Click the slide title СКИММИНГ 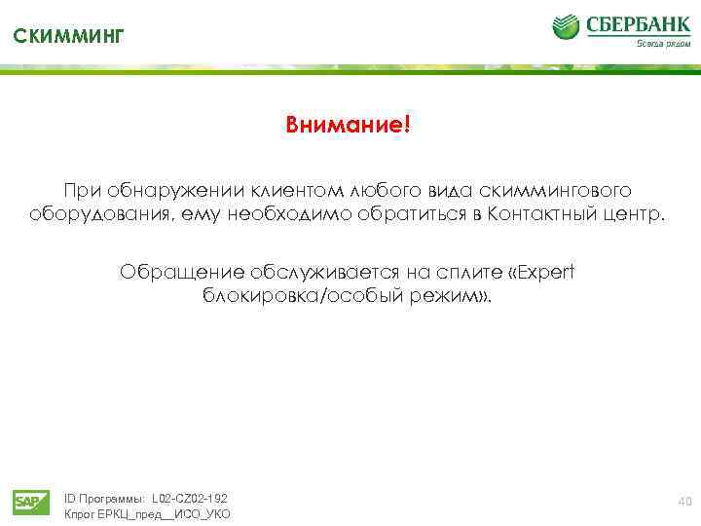(69, 37)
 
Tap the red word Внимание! (349, 126)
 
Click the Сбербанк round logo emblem (567, 26)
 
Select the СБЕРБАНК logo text (637, 23)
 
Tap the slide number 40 (683, 501)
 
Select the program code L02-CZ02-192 (190, 498)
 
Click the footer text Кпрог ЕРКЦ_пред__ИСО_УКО (147, 514)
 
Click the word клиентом (291, 187)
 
